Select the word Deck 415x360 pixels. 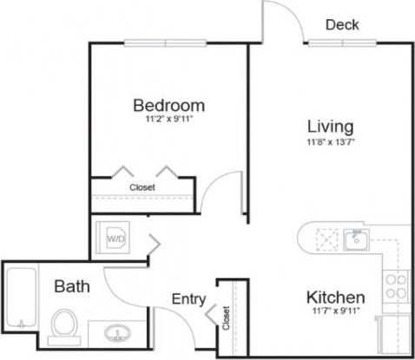click(342, 24)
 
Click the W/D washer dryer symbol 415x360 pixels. click(115, 236)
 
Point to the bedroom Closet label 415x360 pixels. click(142, 187)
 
